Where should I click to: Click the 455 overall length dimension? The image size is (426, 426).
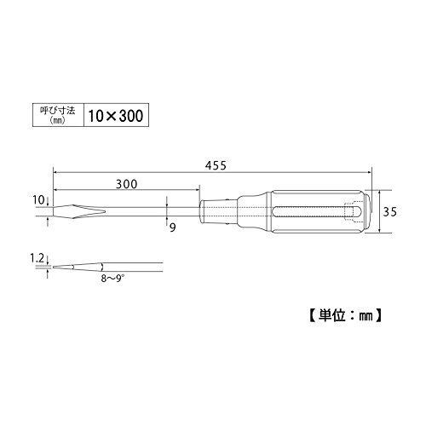coord(216,165)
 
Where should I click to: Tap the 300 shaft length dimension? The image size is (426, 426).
coord(126,184)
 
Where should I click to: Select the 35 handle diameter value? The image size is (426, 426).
coord(389,212)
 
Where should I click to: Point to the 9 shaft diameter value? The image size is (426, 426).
coord(173,227)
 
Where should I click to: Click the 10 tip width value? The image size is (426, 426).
coord(38,200)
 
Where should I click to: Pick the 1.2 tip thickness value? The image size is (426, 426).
coord(37,258)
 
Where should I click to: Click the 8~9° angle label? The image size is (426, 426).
coord(112,279)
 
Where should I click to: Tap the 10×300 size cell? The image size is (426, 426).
coord(116,115)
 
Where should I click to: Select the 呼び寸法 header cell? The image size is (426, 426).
coord(58,115)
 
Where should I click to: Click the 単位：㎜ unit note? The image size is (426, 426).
coord(345,315)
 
